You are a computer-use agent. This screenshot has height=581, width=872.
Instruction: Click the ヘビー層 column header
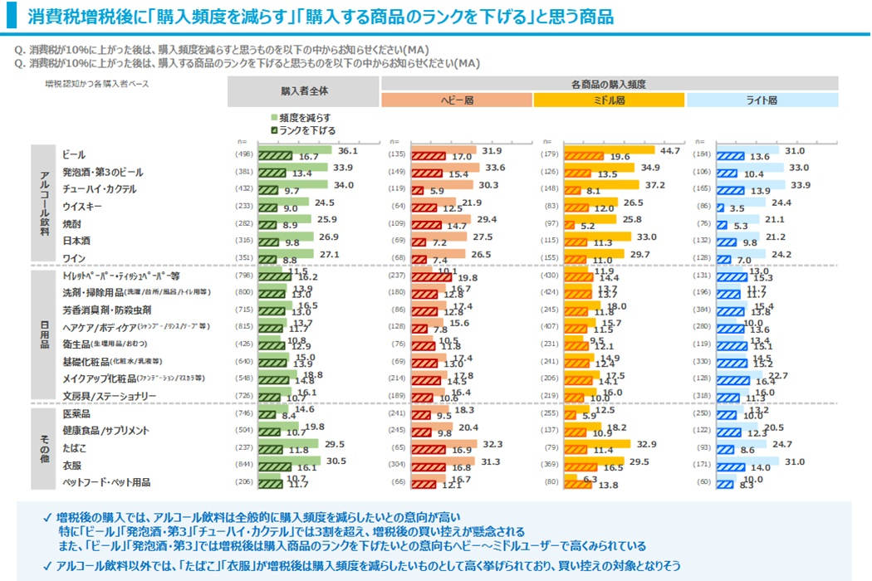coord(456,100)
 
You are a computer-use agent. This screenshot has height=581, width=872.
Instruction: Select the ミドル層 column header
coord(609,100)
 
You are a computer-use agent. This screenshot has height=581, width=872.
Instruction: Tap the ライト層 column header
coord(762,100)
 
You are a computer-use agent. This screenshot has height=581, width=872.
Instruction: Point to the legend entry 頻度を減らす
coord(305,118)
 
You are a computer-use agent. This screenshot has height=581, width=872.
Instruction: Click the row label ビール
coord(74,154)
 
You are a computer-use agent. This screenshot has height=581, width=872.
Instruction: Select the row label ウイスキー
coord(82,206)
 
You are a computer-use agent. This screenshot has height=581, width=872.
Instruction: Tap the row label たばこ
coord(74,447)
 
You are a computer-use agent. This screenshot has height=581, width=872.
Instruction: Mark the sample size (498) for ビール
coord(244,154)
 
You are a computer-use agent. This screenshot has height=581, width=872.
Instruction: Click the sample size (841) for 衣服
coord(244,465)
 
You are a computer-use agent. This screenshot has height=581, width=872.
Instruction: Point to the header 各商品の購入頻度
coord(609,84)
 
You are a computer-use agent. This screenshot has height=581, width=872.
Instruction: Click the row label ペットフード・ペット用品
coord(105,481)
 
